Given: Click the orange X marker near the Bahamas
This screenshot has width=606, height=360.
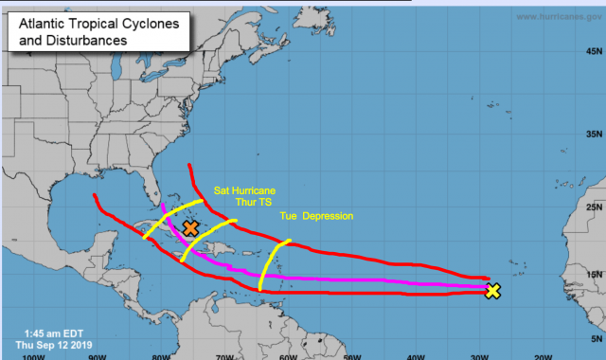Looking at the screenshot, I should pos(190,227).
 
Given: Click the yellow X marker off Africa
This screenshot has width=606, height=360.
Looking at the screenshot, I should pos(492,291).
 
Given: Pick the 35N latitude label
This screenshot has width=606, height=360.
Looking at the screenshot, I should pos(594,135).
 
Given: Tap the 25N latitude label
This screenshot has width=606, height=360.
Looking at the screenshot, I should pos(594,207).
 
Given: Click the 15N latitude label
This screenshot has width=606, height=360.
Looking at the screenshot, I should pos(594,276).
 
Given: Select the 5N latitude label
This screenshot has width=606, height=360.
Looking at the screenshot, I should pos(594,338).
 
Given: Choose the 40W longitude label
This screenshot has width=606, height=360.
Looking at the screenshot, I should pos(414,356).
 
